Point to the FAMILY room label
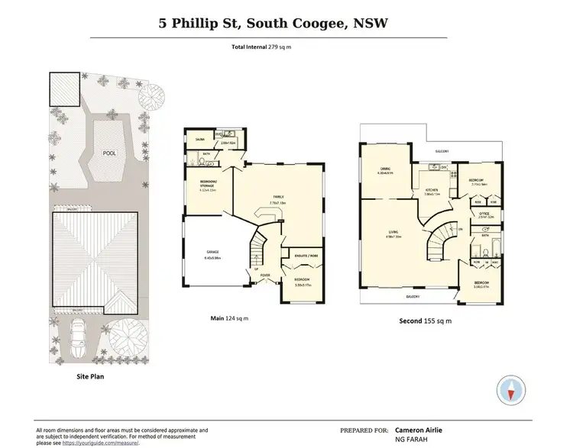pyautogui.click(x=278, y=196)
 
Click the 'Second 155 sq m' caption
pyautogui.click(x=426, y=321)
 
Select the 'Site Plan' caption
pyautogui.click(x=90, y=376)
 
